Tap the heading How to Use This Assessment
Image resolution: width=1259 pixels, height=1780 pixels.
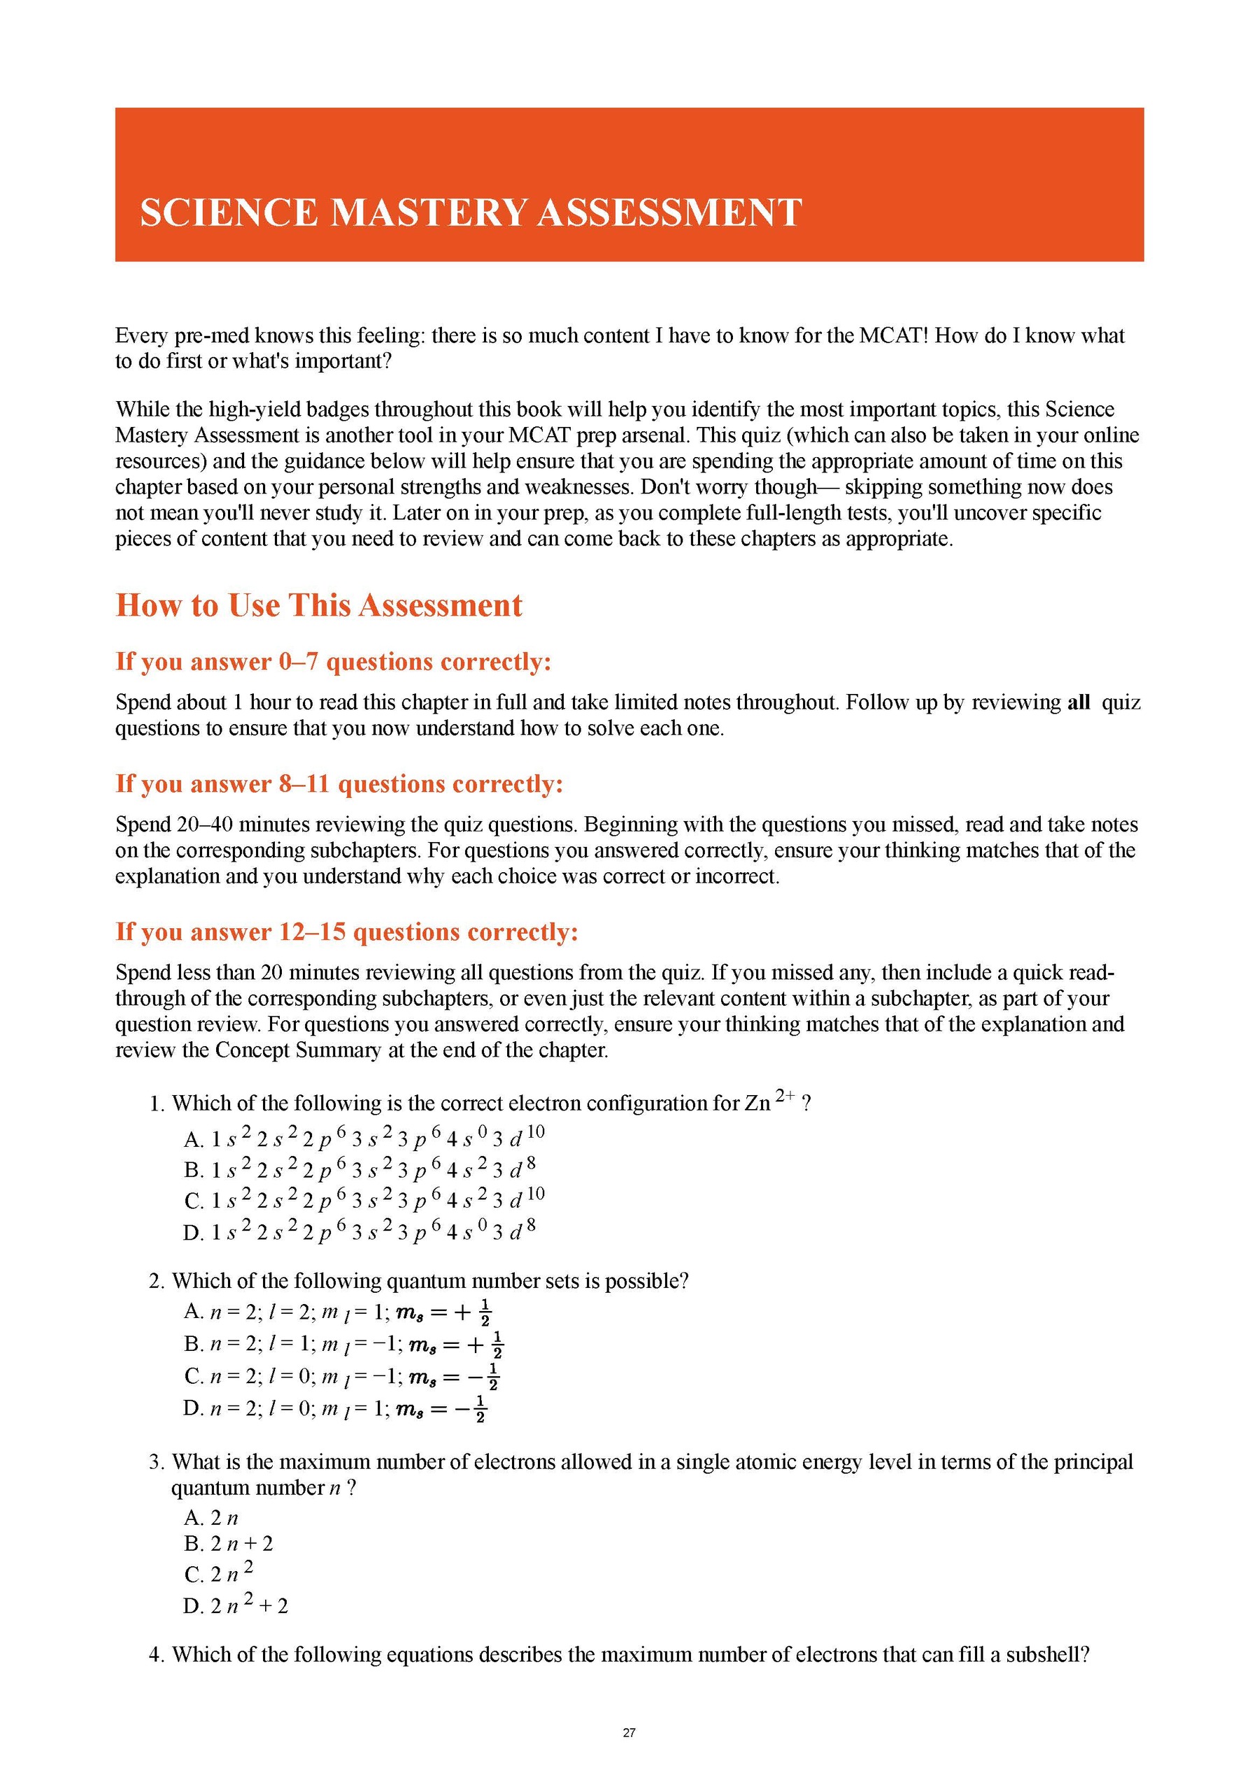coord(319,605)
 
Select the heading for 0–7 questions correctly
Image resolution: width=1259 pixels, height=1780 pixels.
coord(333,661)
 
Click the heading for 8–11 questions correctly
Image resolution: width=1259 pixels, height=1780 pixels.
coord(339,784)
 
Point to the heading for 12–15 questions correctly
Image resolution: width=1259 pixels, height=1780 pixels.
coord(347,931)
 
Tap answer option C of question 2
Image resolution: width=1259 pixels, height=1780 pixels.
coord(341,1376)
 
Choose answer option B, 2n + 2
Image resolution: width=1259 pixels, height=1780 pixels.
coord(228,1544)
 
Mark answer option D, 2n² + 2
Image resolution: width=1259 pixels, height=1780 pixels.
coord(235,1605)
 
